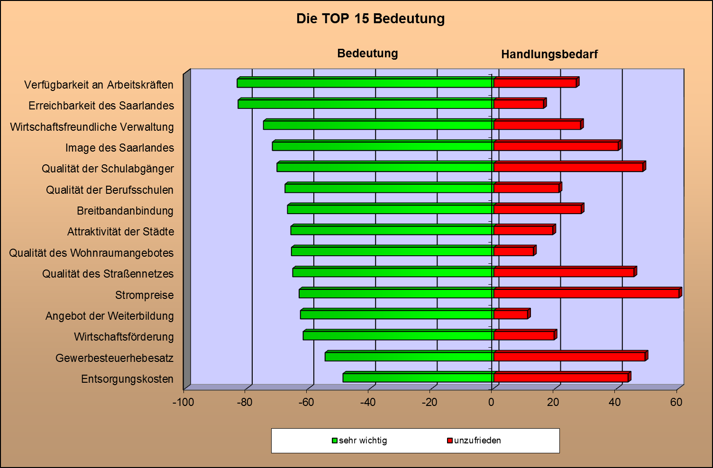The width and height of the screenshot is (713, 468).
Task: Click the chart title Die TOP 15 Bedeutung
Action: click(x=370, y=18)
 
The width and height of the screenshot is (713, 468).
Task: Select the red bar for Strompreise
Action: click(x=586, y=293)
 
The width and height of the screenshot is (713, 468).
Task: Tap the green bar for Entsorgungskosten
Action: click(x=418, y=378)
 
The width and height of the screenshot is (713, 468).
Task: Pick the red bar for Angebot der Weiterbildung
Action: click(x=511, y=315)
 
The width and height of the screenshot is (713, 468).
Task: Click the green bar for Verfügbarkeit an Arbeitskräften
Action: click(x=365, y=83)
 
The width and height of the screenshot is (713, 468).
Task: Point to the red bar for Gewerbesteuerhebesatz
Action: click(x=569, y=357)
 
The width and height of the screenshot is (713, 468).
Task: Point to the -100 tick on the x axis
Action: click(x=183, y=403)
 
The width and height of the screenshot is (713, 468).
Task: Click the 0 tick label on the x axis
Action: click(x=491, y=403)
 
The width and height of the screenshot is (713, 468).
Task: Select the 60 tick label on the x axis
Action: click(x=676, y=403)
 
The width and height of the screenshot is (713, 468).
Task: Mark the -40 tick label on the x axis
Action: click(x=368, y=403)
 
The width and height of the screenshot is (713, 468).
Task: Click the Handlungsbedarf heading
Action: click(x=549, y=54)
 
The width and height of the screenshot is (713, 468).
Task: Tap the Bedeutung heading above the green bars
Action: click(x=367, y=54)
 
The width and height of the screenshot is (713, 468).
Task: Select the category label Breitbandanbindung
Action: click(x=125, y=211)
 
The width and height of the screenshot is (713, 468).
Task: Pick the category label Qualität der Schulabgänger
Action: click(x=108, y=169)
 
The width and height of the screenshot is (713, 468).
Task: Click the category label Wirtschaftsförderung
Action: click(x=124, y=337)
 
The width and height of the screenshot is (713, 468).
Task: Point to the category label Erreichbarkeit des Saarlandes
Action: click(x=101, y=106)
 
